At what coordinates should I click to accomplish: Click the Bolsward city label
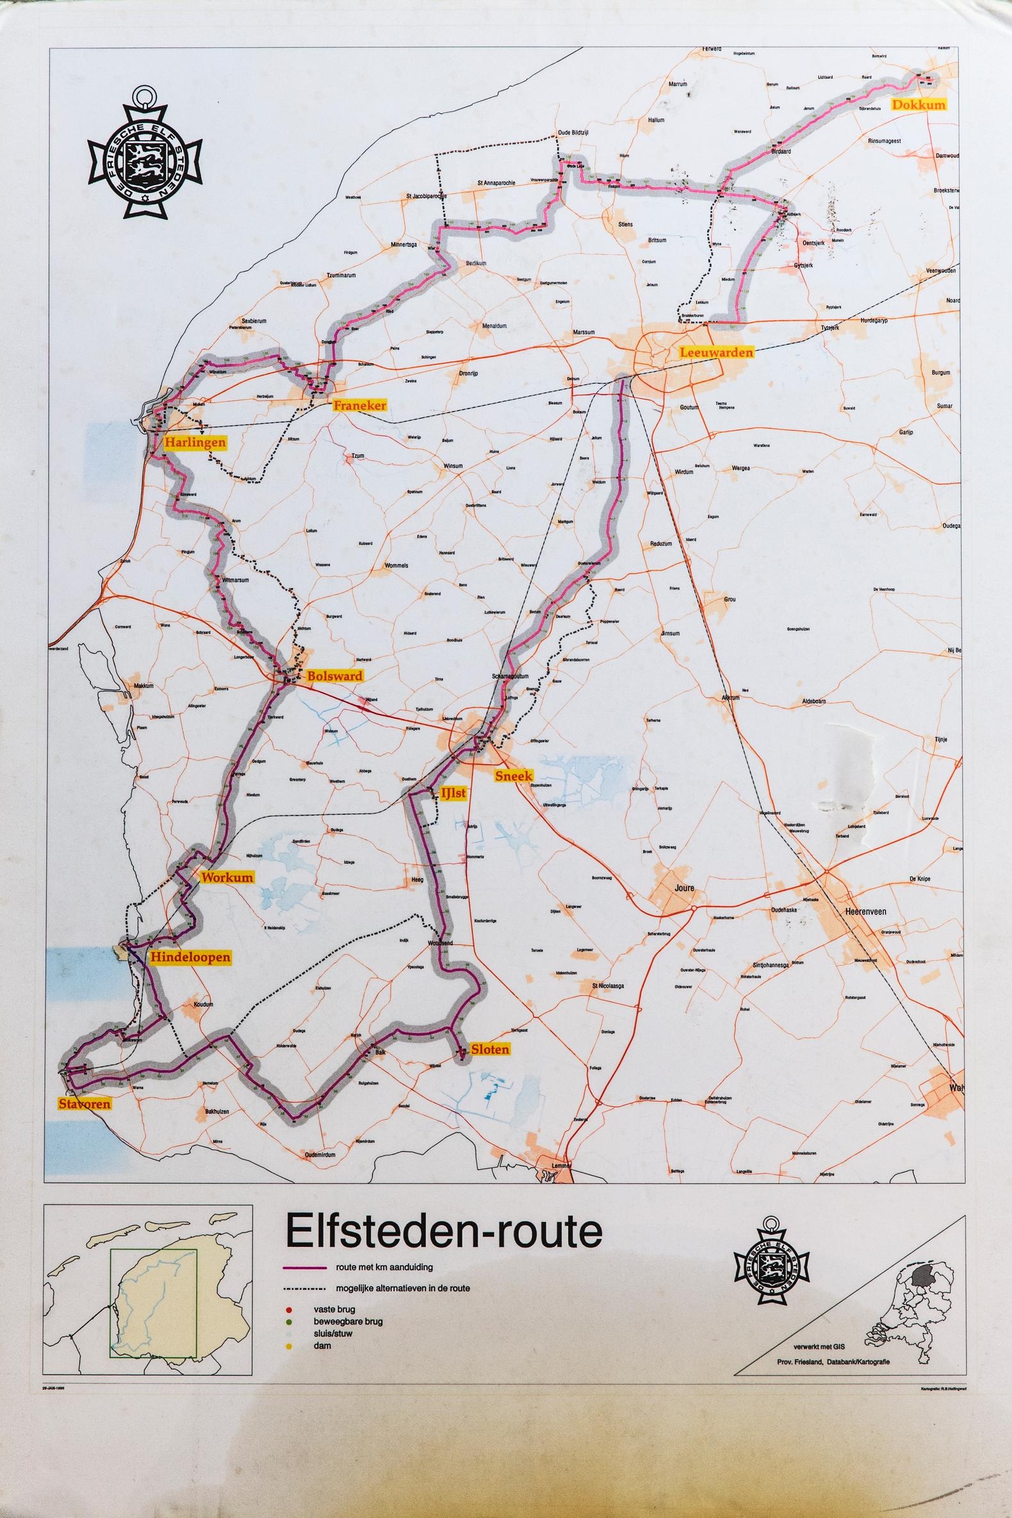[334, 677]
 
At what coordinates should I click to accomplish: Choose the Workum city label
[228, 877]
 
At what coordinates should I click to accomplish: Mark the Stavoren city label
[85, 1103]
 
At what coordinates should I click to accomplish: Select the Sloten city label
[490, 1049]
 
